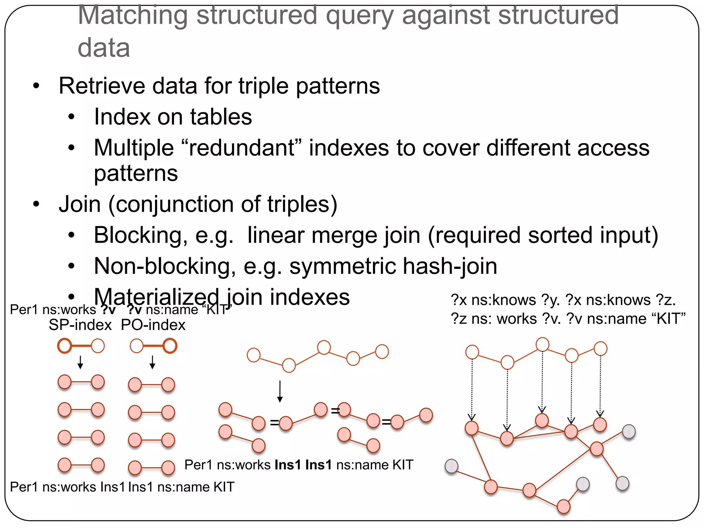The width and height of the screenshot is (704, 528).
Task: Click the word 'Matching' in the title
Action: [133, 15]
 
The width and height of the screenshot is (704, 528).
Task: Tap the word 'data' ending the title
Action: [104, 48]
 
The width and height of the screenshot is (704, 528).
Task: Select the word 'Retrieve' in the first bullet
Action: [102, 86]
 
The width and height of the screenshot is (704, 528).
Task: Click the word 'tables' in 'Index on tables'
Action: [221, 117]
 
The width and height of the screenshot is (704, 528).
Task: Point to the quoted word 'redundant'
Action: [240, 148]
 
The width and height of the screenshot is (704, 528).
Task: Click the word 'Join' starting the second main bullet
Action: [80, 205]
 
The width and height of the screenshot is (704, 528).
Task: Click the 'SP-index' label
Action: [80, 325]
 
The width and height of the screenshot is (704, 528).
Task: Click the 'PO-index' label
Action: [153, 325]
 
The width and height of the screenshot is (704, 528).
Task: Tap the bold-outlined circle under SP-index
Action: [65, 346]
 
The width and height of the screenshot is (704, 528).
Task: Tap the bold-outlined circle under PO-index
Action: [170, 346]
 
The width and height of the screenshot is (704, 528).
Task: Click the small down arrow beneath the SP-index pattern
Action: [80, 362]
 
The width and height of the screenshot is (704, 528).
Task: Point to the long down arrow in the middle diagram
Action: [280, 391]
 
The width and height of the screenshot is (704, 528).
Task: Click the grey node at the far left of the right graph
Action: [451, 466]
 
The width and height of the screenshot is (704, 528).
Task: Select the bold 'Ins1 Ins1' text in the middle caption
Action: [303, 465]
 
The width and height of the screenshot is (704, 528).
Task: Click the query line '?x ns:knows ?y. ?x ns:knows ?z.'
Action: [563, 300]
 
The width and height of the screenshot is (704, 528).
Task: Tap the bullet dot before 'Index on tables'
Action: [71, 117]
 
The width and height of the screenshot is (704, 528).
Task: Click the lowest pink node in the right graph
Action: [563, 507]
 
